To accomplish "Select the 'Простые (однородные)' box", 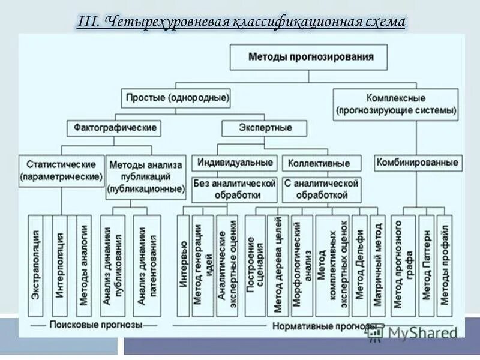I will [177, 97].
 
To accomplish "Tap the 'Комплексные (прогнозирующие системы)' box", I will [396, 104].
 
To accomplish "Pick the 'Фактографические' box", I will [116, 128].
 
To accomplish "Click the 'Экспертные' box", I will [265, 128].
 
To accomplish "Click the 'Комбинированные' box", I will [418, 162].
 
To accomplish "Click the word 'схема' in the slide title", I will [385, 22].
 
